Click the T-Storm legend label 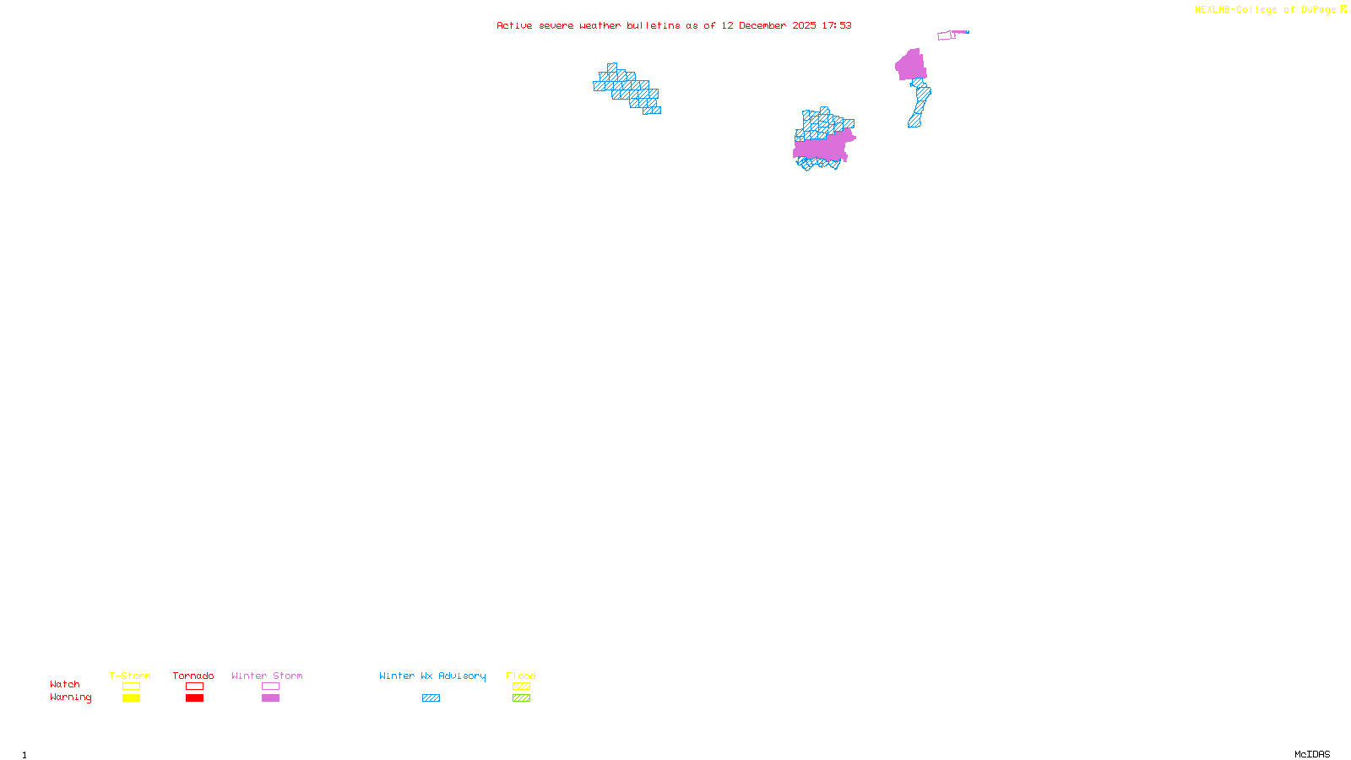(x=130, y=676)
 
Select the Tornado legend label (x=193, y=676)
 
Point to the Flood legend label (x=521, y=676)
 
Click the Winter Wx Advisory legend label (x=432, y=676)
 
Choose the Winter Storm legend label (x=267, y=676)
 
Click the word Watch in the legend (x=65, y=684)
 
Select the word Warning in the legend (x=70, y=698)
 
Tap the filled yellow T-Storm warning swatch (x=131, y=698)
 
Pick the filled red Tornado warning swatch (x=194, y=698)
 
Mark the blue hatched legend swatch (x=431, y=698)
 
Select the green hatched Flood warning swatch (x=521, y=698)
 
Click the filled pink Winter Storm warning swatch (x=270, y=698)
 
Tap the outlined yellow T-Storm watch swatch (x=131, y=687)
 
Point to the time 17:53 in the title (x=836, y=25)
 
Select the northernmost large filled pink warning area (x=911, y=66)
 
